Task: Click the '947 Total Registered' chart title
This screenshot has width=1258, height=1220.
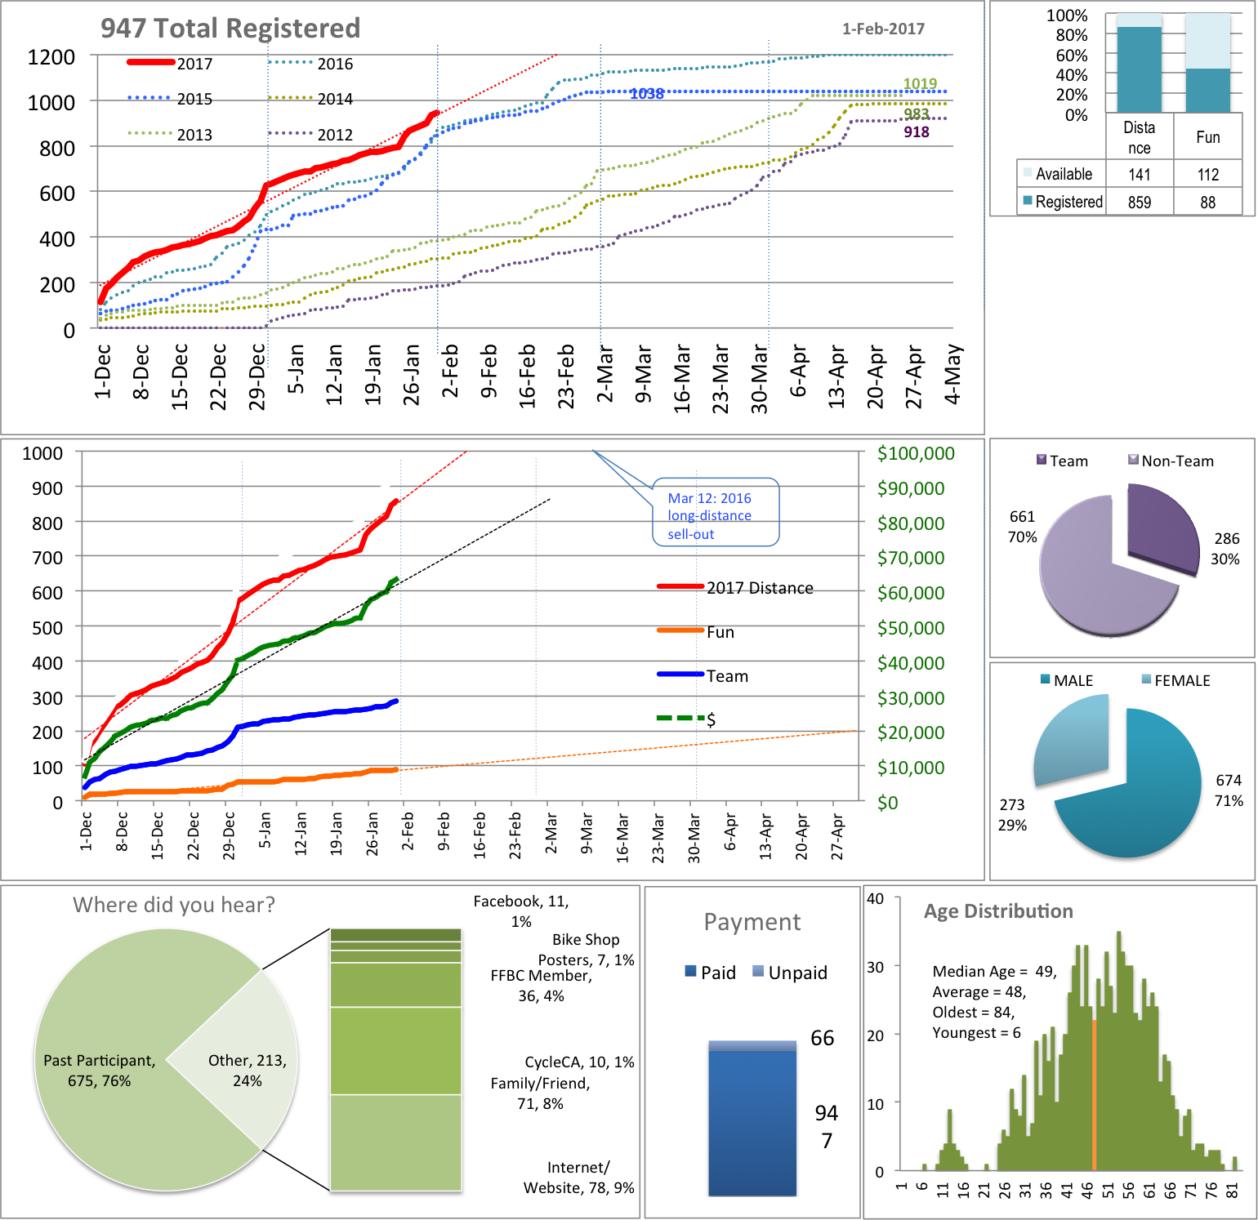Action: click(x=230, y=29)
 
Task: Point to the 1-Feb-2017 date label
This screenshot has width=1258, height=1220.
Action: click(x=883, y=29)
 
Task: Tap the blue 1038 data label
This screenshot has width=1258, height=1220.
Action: click(x=646, y=94)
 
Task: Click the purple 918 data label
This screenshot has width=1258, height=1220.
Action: click(x=916, y=132)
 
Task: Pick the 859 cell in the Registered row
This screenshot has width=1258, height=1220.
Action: click(x=1139, y=202)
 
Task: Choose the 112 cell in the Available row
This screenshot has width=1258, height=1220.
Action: click(x=1207, y=174)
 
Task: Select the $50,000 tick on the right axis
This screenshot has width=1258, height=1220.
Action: click(x=910, y=628)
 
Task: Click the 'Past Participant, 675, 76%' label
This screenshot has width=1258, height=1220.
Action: click(x=99, y=1071)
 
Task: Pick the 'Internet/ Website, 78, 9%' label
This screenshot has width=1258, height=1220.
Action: click(x=578, y=1178)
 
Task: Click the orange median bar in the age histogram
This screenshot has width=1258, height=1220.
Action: click(x=1094, y=1094)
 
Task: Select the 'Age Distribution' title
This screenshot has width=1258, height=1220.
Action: click(x=998, y=911)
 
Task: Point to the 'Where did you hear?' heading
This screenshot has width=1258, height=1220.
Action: click(x=174, y=905)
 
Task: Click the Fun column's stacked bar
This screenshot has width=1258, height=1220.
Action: click(x=1207, y=90)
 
